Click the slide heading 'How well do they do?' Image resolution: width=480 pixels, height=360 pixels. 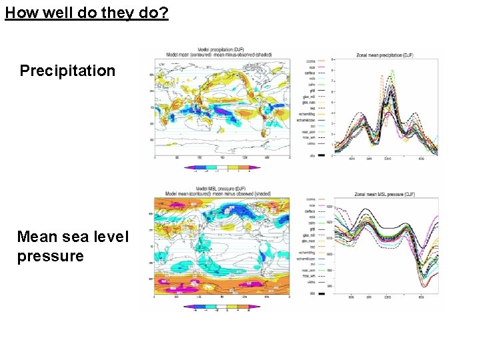pos(87,13)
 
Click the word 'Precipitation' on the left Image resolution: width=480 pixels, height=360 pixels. pos(67,71)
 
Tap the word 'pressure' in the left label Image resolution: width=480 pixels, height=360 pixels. pos(51,256)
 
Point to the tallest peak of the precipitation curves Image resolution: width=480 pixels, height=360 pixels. pos(393,70)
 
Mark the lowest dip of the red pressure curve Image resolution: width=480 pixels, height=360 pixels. pos(423,285)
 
